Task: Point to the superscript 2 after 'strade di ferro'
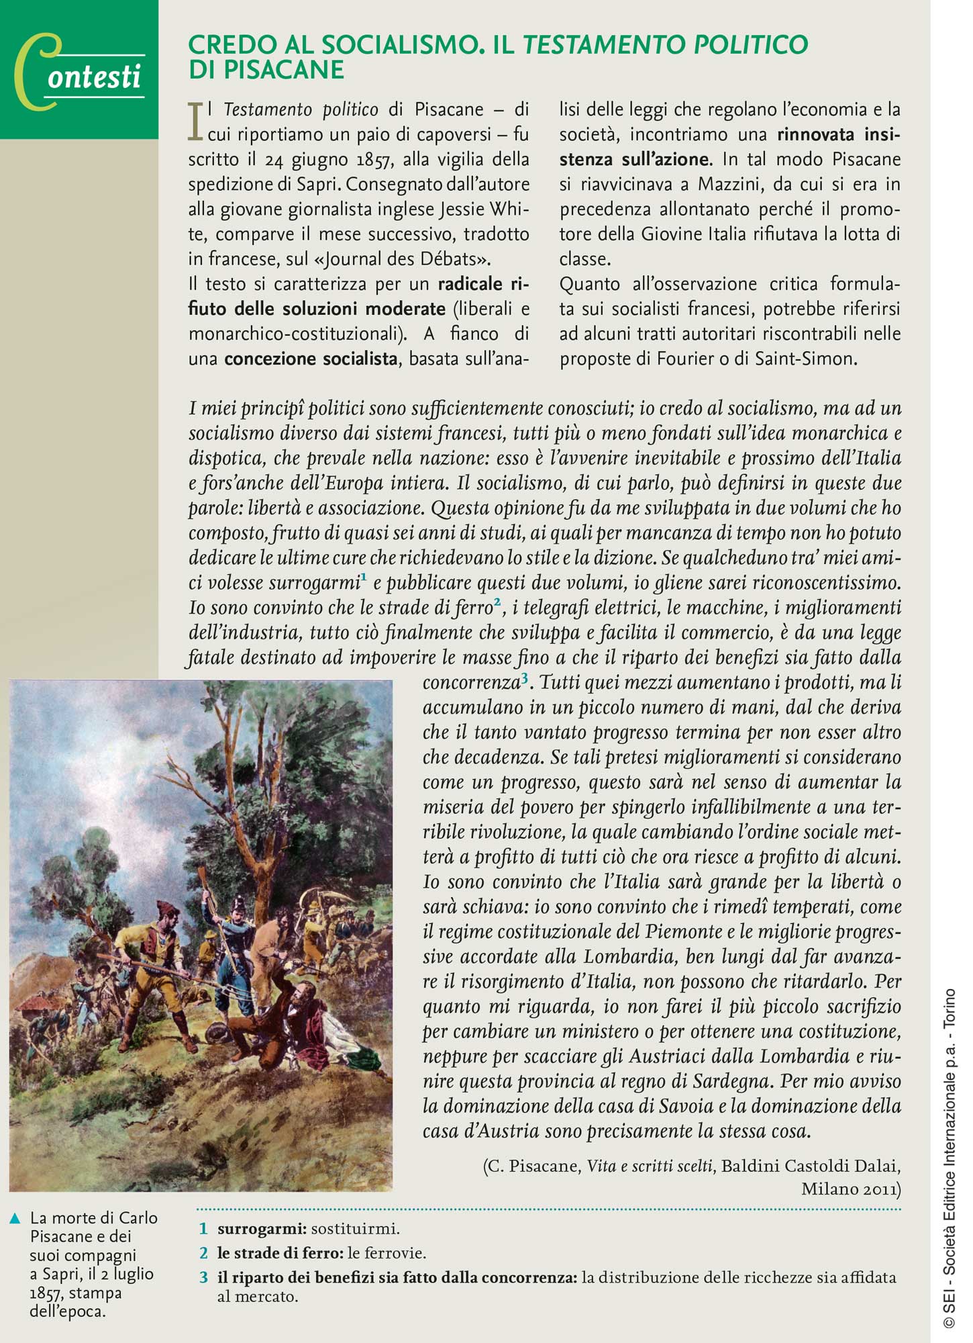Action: (497, 602)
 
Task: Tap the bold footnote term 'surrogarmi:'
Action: (262, 1229)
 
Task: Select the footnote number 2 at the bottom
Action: (203, 1253)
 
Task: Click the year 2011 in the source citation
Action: (882, 1189)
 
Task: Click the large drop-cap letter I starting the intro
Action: (196, 122)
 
